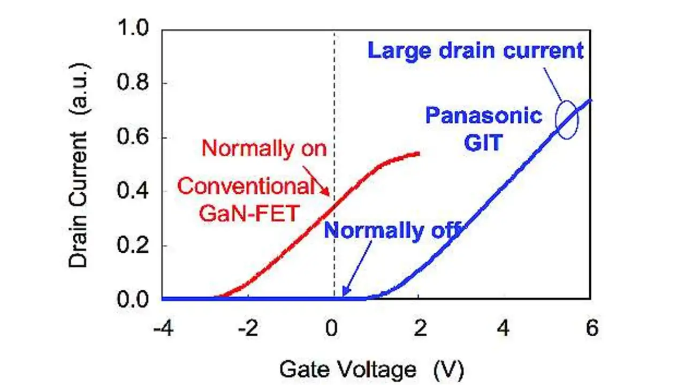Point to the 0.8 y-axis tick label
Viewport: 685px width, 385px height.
[x=133, y=82]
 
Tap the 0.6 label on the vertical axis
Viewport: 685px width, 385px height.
[x=133, y=137]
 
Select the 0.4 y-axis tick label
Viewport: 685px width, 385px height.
[x=133, y=191]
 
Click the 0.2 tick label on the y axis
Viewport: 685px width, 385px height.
[x=133, y=245]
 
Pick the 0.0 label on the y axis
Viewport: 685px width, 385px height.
[x=133, y=299]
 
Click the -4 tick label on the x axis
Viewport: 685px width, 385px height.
[x=164, y=328]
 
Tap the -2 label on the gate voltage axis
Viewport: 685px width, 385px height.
[x=248, y=328]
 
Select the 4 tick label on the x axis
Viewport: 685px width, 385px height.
[x=504, y=328]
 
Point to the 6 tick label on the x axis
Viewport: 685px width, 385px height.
[x=592, y=328]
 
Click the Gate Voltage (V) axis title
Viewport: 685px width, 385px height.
[x=371, y=369]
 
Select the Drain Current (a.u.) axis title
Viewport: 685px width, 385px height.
[x=79, y=165]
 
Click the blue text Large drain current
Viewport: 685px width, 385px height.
[x=476, y=50]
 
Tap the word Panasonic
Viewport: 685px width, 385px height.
[x=484, y=116]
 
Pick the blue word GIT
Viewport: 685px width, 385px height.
[x=483, y=142]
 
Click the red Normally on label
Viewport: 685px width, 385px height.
[x=264, y=149]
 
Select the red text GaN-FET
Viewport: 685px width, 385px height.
[x=249, y=213]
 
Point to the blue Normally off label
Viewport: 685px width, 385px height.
[x=392, y=230]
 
